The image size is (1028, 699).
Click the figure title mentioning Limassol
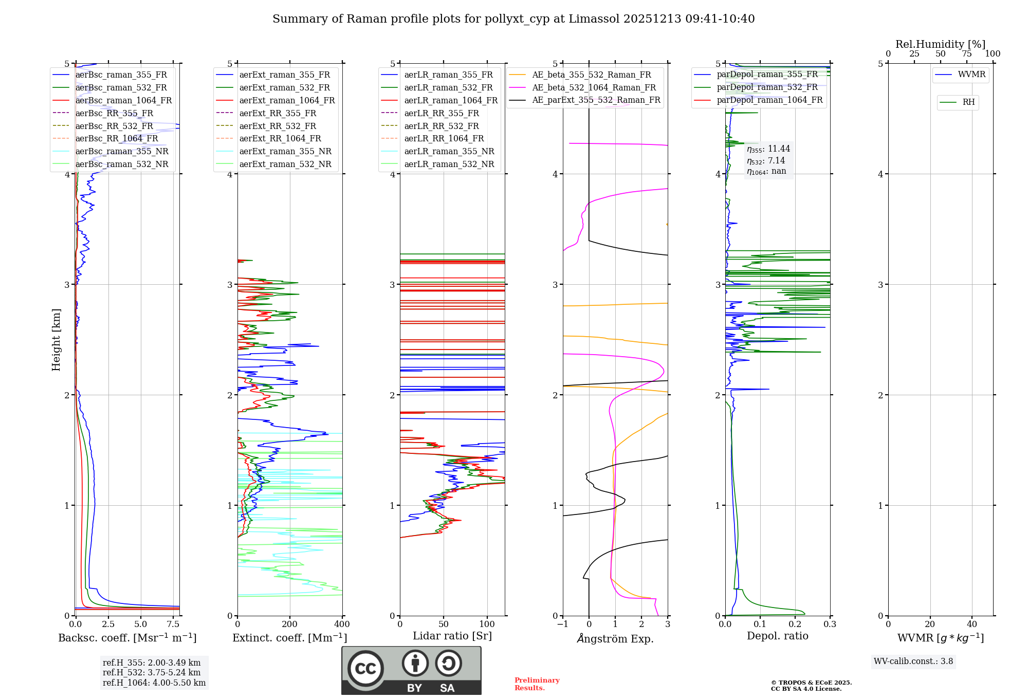[513, 19]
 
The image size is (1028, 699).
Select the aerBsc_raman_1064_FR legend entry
[123, 101]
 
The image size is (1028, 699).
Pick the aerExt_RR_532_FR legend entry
[278, 126]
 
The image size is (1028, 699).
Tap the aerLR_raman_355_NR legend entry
[449, 152]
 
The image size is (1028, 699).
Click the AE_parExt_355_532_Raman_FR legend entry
[596, 100]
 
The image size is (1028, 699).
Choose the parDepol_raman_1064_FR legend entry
[769, 100]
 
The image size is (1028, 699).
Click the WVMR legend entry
[971, 75]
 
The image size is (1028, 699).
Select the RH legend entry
[968, 102]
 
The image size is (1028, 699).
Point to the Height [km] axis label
[56, 340]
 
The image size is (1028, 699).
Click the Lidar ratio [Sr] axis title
[452, 636]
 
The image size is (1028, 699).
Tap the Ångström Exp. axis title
[615, 639]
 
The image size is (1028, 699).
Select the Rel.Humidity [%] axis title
[940, 44]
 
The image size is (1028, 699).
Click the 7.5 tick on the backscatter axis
[173, 624]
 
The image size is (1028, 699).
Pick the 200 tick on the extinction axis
[290, 624]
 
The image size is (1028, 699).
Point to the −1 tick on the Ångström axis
[563, 624]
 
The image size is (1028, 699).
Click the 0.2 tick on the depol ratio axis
[795, 624]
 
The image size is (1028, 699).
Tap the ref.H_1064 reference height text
[154, 683]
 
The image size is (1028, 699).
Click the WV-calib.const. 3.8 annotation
[913, 661]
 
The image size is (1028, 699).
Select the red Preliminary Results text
[537, 684]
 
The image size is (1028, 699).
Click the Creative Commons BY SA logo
[411, 671]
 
